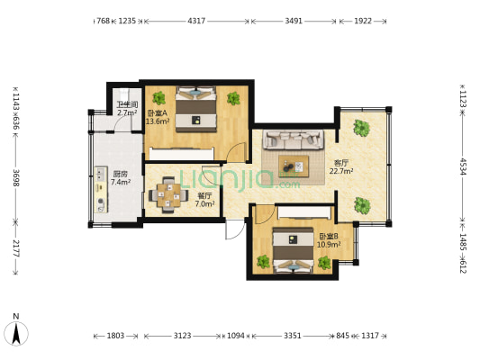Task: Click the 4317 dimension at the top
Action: pyautogui.click(x=196, y=21)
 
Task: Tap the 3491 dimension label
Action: pyautogui.click(x=294, y=21)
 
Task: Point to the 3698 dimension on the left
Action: pyautogui.click(x=16, y=177)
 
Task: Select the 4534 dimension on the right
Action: pyautogui.click(x=463, y=166)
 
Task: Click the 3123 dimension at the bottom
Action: pyautogui.click(x=183, y=336)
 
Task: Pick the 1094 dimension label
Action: pyautogui.click(x=236, y=336)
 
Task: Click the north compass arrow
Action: pyautogui.click(x=16, y=334)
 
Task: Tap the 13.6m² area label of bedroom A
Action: pyautogui.click(x=158, y=121)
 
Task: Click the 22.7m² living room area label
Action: pyautogui.click(x=341, y=171)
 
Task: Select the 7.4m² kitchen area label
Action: pyautogui.click(x=121, y=182)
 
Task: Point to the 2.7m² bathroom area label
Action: pyautogui.click(x=127, y=112)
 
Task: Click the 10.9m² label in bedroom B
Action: pyautogui.click(x=329, y=245)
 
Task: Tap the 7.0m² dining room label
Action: pyautogui.click(x=204, y=203)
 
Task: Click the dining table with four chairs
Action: pyautogui.click(x=168, y=194)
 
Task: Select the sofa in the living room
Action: pyautogui.click(x=294, y=139)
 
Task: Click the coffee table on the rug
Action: pyautogui.click(x=294, y=166)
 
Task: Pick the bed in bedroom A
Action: pyautogui.click(x=196, y=109)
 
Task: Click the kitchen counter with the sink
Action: pyautogui.click(x=101, y=190)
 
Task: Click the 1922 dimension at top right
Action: pyautogui.click(x=363, y=21)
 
